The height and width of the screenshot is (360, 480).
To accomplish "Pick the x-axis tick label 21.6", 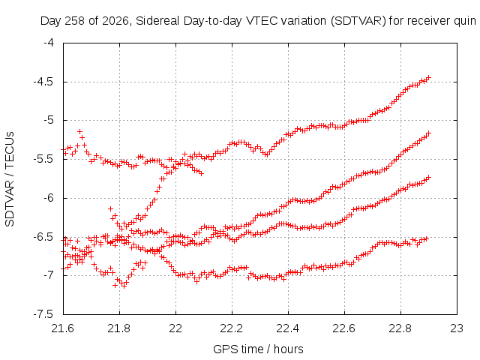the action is click(63, 328).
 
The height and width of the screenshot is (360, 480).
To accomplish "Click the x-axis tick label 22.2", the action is click(232, 328).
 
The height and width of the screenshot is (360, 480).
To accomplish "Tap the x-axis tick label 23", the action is click(457, 328).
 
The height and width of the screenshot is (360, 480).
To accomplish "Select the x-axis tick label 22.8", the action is click(400, 328).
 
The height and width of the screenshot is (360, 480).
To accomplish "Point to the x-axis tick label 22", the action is click(175, 328).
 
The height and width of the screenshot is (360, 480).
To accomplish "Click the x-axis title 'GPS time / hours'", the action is click(258, 349).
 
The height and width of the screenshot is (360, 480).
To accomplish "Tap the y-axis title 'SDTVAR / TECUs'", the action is click(10, 179).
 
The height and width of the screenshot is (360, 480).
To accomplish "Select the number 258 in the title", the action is click(75, 21).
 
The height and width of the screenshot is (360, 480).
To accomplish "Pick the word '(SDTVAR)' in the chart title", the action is click(358, 21).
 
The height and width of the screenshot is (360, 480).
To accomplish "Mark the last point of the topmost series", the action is click(429, 77).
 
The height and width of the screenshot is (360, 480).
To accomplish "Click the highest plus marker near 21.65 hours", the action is click(80, 132).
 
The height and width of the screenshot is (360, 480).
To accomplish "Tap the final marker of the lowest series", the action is click(425, 238).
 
